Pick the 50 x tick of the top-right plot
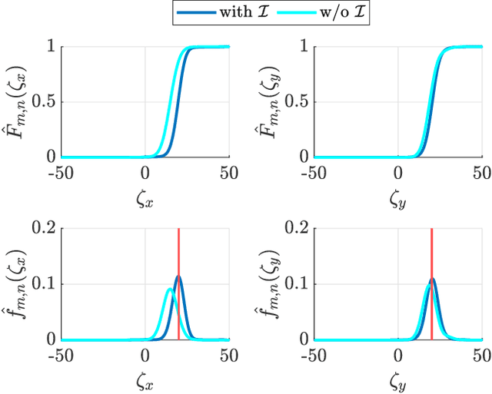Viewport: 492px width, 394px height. click(x=481, y=171)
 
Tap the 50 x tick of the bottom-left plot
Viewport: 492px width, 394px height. click(x=228, y=354)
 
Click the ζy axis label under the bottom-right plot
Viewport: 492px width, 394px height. click(x=397, y=380)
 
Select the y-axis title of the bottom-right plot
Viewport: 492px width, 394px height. click(x=268, y=284)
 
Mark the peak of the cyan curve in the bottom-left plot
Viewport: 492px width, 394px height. click(x=170, y=290)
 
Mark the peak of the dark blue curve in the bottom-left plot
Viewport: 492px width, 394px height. click(x=178, y=276)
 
